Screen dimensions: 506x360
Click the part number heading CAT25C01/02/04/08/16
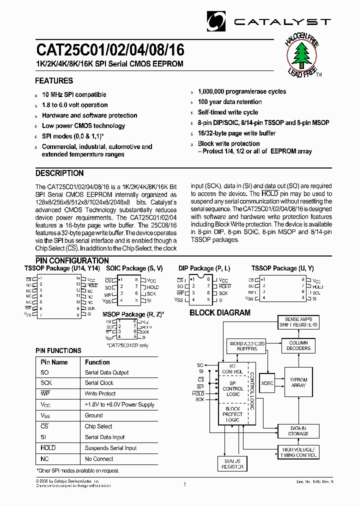click(109, 50)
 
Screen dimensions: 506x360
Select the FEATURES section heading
click(54, 80)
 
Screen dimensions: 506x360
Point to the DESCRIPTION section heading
click(59, 173)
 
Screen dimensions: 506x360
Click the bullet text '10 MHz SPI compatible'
click(74, 94)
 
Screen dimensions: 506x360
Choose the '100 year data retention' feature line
click(229, 102)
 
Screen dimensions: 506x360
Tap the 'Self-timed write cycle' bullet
click(228, 112)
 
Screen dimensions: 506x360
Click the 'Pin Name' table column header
click(54, 362)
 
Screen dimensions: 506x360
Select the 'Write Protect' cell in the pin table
click(100, 393)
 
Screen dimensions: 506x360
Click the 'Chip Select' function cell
click(98, 426)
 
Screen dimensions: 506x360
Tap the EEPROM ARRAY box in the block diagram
click(298, 382)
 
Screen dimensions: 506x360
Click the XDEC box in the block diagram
click(267, 382)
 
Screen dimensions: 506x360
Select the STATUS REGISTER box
click(232, 463)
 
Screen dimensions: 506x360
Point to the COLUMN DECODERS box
click(298, 345)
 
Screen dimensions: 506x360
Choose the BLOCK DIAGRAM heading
click(219, 313)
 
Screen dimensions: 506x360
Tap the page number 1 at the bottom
click(184, 484)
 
